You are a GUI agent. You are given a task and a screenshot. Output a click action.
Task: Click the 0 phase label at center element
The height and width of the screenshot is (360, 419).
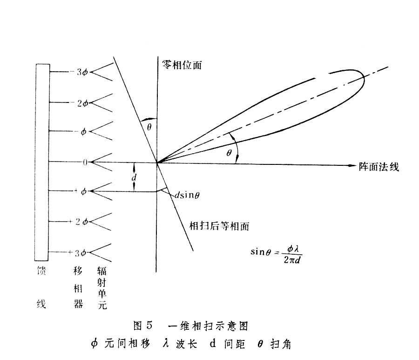tap(85, 162)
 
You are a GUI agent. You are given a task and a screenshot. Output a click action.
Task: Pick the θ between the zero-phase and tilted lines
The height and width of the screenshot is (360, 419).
tap(149, 125)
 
